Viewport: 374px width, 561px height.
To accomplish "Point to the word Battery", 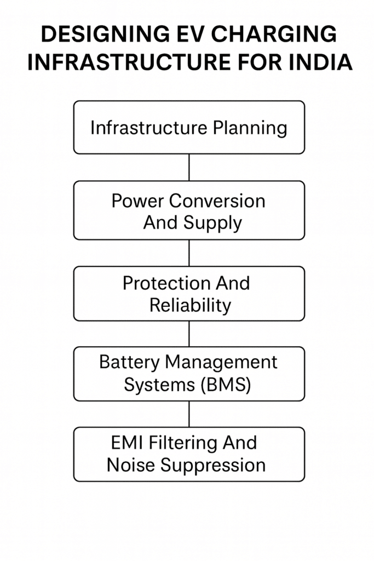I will pyautogui.click(x=129, y=362).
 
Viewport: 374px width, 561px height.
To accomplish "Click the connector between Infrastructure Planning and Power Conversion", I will pyautogui.click(x=189, y=167).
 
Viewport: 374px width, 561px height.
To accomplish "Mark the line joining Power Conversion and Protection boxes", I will pyautogui.click(x=189, y=253).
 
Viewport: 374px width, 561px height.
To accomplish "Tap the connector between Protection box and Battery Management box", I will pyautogui.click(x=189, y=334).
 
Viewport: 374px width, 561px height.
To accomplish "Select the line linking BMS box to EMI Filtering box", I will pyautogui.click(x=189, y=414).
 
